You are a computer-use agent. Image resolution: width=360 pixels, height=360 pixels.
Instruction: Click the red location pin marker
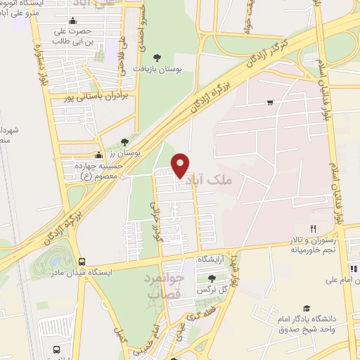point(181,165)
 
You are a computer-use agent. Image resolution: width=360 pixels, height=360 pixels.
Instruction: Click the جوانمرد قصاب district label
point(165,287)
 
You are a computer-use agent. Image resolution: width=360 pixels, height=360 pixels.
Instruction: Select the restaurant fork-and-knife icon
point(314,229)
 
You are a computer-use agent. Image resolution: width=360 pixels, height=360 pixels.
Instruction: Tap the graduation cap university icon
point(306,307)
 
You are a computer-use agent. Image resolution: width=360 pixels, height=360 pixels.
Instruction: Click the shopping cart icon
point(270,103)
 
